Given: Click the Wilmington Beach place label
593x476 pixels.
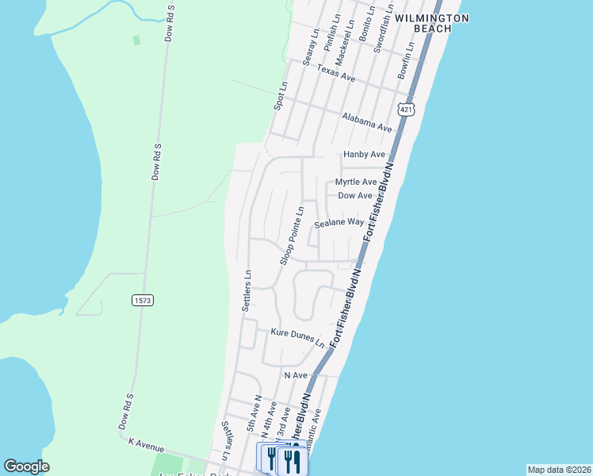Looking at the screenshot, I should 432,23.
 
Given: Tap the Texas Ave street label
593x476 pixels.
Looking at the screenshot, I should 336,74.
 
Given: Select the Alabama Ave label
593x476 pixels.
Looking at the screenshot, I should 367,122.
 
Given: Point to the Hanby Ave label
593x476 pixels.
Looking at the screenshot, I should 364,155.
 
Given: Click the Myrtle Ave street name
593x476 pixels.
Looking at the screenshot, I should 356,182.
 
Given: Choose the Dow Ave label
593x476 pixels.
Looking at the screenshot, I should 355,195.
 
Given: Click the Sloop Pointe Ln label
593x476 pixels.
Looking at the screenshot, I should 292,236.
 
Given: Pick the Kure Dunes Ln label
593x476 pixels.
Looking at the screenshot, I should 297,337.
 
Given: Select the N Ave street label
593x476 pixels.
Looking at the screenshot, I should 295,374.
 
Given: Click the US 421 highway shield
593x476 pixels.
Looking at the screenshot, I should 406,109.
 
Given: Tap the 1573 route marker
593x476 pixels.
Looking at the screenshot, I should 142,300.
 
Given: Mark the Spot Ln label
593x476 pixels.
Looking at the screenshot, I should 278,95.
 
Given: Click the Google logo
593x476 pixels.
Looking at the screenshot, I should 27,466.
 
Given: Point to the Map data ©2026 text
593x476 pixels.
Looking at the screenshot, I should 559,470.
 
